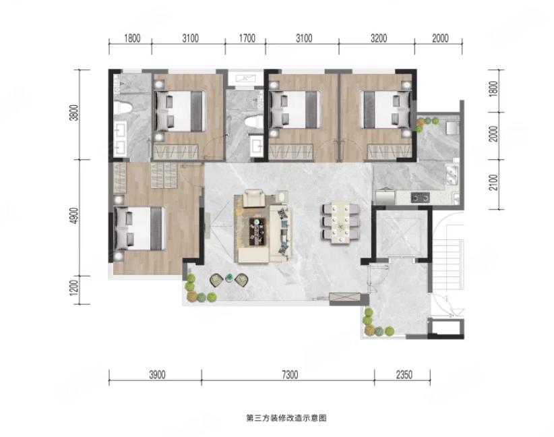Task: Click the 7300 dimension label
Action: coord(290,374)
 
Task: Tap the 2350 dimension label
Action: coord(404,374)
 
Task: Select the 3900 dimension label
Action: coord(157,374)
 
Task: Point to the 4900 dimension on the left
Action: coord(74,215)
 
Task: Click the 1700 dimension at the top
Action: coord(247,38)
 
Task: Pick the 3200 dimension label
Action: coord(379,38)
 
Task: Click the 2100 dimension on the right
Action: coord(493,183)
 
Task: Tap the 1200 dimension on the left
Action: coord(74,288)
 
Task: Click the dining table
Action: coord(340,223)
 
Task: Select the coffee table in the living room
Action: coord(257,231)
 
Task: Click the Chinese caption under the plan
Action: coord(286,418)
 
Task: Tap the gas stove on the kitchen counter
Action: coord(420,198)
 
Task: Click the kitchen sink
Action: coord(452,175)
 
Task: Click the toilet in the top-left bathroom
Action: coord(123,107)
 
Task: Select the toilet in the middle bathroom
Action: coord(254,123)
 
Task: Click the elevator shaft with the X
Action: coord(398,234)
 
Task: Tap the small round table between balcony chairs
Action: coord(229,278)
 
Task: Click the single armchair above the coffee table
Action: coord(254,198)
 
